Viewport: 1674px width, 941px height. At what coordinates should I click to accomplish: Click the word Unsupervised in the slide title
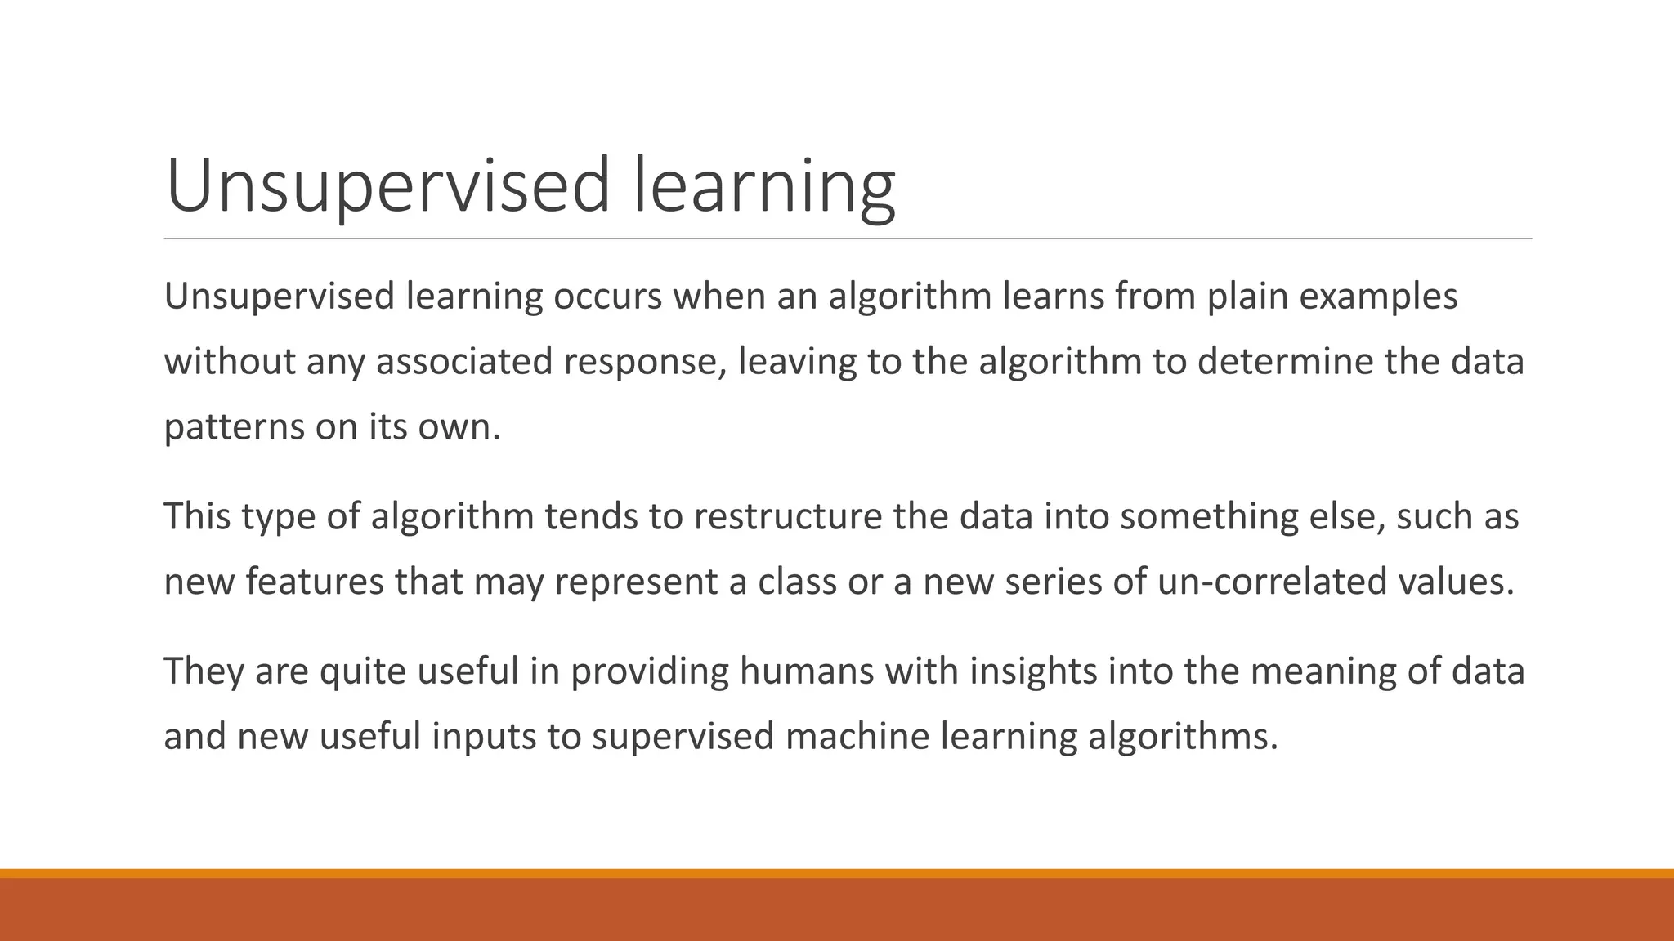pos(387,186)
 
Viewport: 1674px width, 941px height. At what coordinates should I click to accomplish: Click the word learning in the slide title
pos(764,186)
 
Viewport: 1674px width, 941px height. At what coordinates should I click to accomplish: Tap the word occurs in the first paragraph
pos(607,296)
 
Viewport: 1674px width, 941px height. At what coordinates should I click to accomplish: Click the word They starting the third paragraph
pos(204,671)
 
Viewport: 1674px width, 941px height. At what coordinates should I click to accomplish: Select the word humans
pos(806,671)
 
